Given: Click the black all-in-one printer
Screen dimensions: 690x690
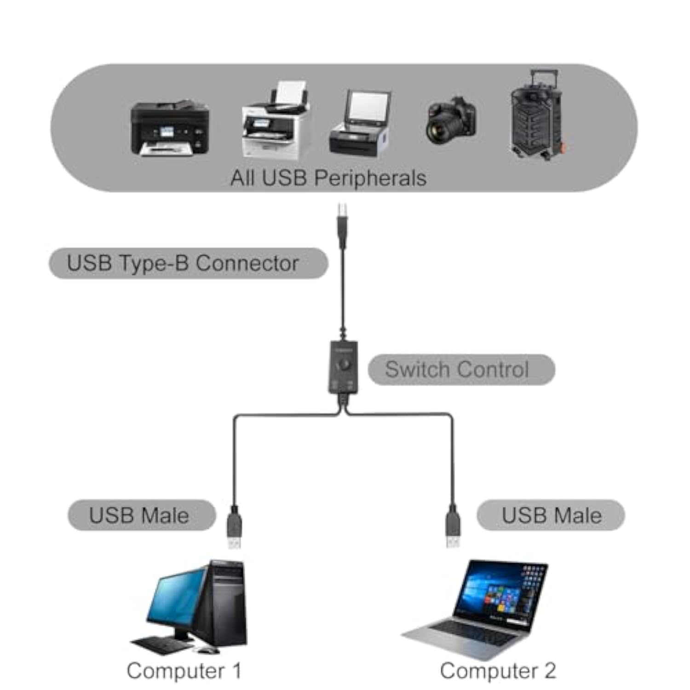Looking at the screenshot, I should click(x=170, y=129).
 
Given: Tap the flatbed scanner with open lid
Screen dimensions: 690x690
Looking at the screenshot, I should click(x=360, y=124).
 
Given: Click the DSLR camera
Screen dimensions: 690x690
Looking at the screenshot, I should click(x=450, y=121).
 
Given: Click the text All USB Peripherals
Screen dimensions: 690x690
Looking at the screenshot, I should click(x=328, y=178).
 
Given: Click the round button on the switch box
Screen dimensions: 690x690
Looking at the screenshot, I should click(x=344, y=366).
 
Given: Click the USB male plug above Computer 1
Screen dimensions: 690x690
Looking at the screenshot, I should click(x=234, y=529).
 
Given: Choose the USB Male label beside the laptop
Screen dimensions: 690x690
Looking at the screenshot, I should click(x=551, y=515).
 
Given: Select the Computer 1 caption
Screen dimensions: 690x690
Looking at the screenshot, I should click(x=184, y=671).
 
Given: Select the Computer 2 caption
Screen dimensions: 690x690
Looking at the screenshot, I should click(x=498, y=671).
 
